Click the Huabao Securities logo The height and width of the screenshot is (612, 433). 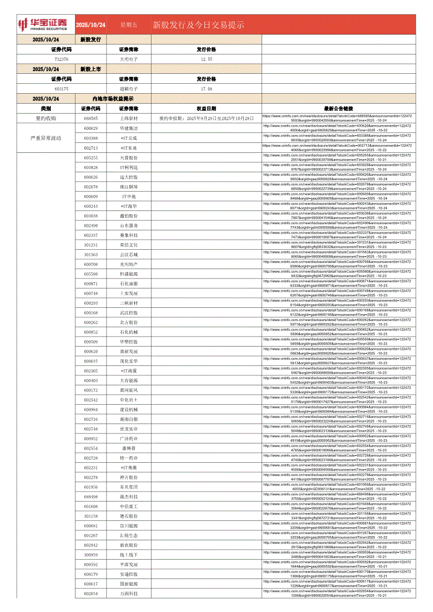click(x=43, y=24)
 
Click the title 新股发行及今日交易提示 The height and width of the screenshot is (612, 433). click(x=198, y=25)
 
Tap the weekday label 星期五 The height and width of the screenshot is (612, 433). click(x=128, y=25)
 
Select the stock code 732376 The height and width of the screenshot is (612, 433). click(x=61, y=59)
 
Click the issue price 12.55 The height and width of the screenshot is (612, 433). click(x=207, y=59)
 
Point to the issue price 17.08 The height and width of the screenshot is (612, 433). click(x=207, y=89)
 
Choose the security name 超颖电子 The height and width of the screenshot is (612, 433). click(x=128, y=89)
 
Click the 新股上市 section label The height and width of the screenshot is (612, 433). click(x=90, y=69)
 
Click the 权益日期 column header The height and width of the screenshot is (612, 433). click(x=207, y=108)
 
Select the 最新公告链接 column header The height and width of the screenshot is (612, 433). click(x=339, y=108)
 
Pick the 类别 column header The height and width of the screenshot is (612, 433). click(x=46, y=108)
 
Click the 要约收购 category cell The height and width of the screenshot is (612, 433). click(x=46, y=118)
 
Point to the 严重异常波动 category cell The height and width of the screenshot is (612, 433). click(x=46, y=138)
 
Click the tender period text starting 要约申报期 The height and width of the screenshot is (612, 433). click(x=207, y=118)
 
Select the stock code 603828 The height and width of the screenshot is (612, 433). click(x=91, y=167)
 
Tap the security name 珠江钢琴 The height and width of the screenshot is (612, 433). click(x=128, y=186)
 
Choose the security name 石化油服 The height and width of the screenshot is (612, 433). click(x=128, y=284)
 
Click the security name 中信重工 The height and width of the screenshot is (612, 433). click(x=128, y=506)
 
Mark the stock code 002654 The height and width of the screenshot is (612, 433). click(x=91, y=593)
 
